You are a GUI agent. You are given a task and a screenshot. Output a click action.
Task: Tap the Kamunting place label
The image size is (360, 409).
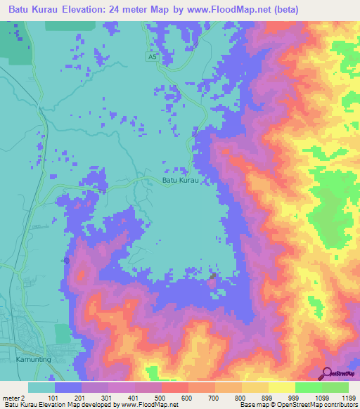tap(31, 359)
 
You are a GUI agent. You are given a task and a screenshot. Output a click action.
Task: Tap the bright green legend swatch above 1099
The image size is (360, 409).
tap(309, 387)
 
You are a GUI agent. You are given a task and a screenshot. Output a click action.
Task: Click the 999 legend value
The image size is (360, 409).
tap(282, 398)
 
